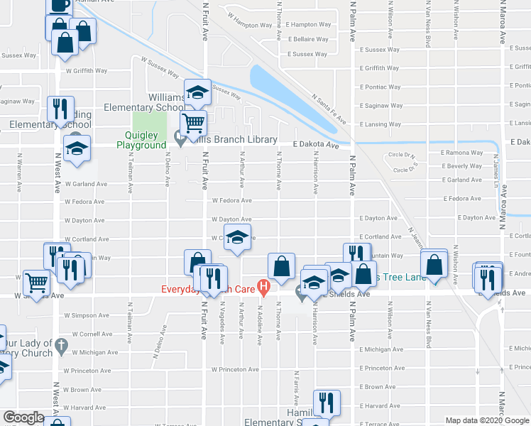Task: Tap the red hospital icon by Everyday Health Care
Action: tap(264, 288)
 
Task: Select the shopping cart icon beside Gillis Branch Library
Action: tap(193, 123)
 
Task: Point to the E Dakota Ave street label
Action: tap(317, 144)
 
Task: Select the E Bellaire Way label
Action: tap(308, 40)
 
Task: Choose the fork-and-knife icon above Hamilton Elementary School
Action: tap(327, 403)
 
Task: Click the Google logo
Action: tap(24, 418)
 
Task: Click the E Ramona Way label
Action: tap(461, 153)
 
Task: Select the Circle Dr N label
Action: tap(401, 155)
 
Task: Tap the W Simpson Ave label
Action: tap(85, 315)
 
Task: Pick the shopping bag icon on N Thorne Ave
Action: tap(282, 266)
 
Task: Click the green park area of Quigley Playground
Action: tap(151, 120)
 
